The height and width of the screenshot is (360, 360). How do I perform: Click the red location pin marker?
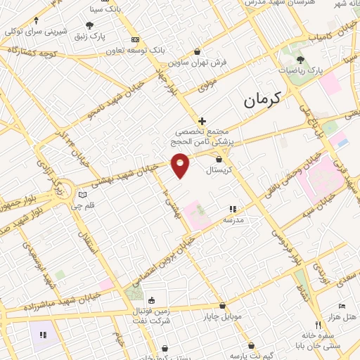click(x=181, y=165)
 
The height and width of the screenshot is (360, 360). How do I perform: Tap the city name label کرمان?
click(x=262, y=100)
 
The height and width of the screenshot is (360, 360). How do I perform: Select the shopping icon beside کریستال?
click(x=219, y=160)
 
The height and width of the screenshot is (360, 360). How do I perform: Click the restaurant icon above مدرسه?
click(x=233, y=209)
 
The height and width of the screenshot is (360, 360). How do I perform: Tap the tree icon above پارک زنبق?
click(x=89, y=25)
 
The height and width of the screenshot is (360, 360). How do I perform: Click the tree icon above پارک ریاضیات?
click(x=300, y=60)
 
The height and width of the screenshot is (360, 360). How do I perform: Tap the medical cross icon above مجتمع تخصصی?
click(x=202, y=122)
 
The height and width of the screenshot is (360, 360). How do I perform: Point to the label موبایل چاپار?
click(x=224, y=316)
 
